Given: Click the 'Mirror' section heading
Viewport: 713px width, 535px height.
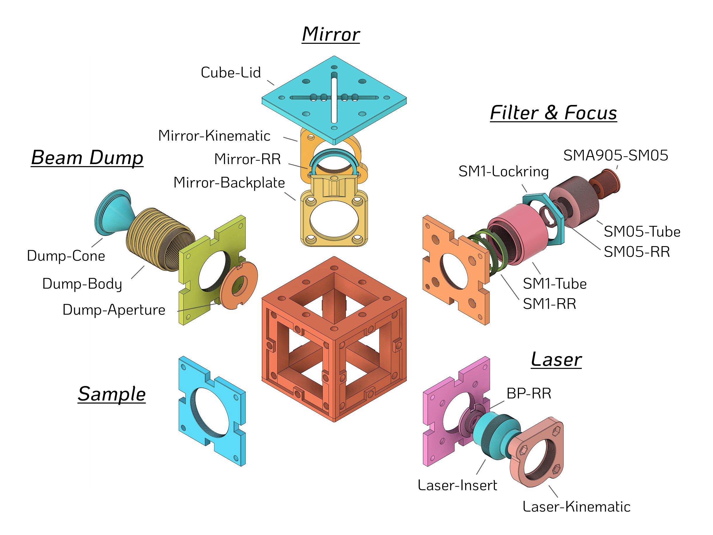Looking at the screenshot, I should point(331,34).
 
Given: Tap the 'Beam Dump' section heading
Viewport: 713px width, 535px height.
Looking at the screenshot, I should point(87,158).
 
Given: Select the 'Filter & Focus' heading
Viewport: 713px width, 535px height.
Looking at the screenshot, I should point(553,113).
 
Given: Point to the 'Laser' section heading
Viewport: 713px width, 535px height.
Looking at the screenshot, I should point(556,360).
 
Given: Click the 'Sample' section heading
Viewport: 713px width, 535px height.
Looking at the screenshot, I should point(112,394).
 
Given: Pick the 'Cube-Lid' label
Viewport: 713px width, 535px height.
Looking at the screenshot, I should point(231,73).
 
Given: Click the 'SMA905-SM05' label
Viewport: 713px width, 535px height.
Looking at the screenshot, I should point(615,156).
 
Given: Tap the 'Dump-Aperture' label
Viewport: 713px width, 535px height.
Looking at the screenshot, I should point(114,310).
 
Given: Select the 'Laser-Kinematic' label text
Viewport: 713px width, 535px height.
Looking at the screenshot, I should point(576,507).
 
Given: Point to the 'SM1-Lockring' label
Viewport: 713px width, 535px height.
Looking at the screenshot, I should point(503,172).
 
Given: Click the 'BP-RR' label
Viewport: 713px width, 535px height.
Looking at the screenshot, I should point(529,394).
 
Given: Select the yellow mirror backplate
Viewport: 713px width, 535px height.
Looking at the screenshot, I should point(334,219).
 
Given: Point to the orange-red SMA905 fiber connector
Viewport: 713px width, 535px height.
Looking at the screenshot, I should point(606,184).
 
